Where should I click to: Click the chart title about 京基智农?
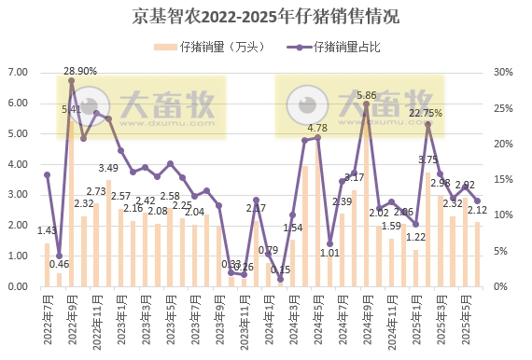[x=266, y=16]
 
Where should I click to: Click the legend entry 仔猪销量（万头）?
[x=230, y=47]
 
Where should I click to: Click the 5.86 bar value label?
[x=367, y=95]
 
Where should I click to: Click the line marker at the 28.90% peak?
[x=71, y=80]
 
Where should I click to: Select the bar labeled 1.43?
[x=47, y=265]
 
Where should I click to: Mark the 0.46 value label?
[x=59, y=265]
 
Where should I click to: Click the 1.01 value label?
[x=329, y=252]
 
